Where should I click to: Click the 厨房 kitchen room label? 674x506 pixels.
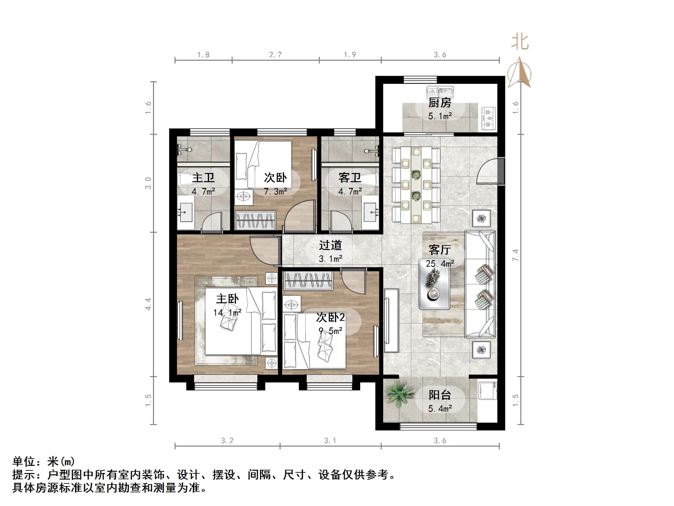[439, 103]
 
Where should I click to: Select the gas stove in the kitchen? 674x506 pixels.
[488, 118]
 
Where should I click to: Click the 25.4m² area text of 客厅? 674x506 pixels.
[440, 263]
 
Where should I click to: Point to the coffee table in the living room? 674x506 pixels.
[435, 284]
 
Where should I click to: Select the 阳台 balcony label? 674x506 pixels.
[439, 395]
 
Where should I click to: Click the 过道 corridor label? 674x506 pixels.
[330, 245]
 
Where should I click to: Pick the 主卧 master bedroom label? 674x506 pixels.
[227, 299]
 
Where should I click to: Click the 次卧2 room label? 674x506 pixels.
[330, 317]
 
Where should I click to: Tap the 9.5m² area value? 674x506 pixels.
[330, 331]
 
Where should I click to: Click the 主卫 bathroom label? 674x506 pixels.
[203, 178]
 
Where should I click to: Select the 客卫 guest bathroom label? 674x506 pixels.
[349, 178]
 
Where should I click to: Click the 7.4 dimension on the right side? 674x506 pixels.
[515, 255]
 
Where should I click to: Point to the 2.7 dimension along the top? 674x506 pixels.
[275, 55]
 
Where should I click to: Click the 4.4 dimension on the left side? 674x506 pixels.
[148, 304]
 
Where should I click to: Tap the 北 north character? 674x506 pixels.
[520, 42]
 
